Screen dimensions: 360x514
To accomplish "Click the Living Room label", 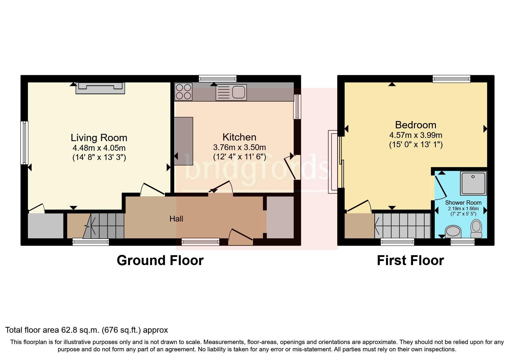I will point(99,138).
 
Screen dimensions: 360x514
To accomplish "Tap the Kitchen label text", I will point(239,137).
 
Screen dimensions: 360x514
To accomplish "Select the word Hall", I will point(176,219).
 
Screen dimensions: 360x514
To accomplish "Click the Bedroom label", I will point(416,125).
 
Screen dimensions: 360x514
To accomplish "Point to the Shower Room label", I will point(463,203).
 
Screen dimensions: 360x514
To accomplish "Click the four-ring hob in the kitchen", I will point(183,91).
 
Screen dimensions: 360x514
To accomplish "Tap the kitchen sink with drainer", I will point(231,92).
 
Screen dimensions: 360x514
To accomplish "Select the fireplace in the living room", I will point(100,88).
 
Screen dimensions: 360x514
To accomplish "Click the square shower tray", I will point(473,183).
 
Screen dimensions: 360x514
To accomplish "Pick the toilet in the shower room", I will point(476,228).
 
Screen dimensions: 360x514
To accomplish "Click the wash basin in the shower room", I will point(453,232).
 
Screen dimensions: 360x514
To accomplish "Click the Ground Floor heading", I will point(160,260).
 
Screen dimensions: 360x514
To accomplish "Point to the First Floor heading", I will point(410,260).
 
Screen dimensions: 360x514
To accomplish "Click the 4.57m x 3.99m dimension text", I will point(416,135).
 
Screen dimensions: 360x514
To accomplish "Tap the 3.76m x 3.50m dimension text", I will point(239,147).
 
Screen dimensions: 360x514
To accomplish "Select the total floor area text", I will point(86,330).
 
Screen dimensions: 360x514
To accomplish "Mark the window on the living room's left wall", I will point(24,143).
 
